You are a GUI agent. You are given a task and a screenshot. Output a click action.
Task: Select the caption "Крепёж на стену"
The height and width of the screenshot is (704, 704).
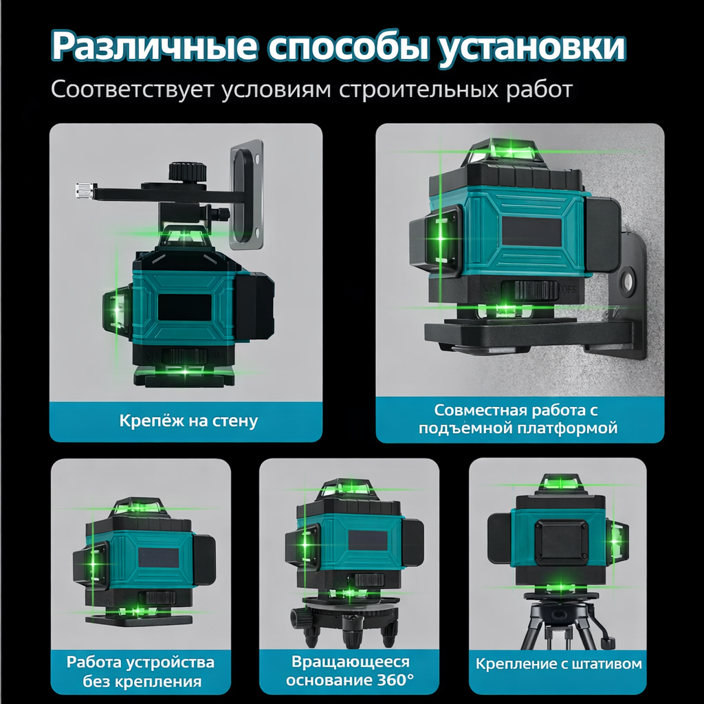188,421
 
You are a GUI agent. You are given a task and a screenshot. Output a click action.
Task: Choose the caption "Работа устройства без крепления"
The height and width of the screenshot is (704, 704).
141,672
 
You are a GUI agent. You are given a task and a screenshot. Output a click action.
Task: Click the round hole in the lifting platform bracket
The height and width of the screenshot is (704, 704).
628,280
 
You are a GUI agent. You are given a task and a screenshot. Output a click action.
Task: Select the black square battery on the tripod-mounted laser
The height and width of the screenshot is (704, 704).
562,542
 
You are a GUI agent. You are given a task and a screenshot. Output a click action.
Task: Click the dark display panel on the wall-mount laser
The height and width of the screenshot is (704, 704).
185,307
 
